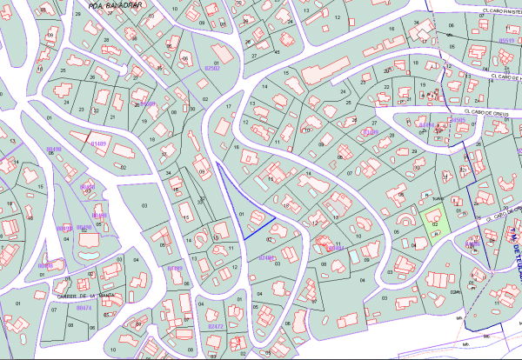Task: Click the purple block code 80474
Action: click(x=84, y=307)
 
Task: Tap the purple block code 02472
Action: click(x=216, y=326)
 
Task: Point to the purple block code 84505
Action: click(x=456, y=121)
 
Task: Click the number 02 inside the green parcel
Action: click(x=434, y=224)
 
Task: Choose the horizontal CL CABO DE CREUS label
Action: click(x=486, y=111)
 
